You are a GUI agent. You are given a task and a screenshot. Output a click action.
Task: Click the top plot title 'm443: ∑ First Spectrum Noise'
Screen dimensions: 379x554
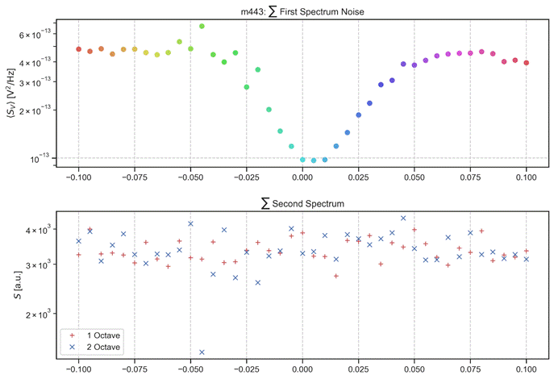[302, 8]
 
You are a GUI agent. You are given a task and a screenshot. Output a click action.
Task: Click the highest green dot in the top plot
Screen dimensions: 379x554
[202, 26]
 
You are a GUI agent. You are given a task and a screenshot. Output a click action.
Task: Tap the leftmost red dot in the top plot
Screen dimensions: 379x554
[78, 49]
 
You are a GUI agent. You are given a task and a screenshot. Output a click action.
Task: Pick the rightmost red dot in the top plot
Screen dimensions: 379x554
[526, 62]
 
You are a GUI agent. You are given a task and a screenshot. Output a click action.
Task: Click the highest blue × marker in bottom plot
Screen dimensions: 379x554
[403, 218]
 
